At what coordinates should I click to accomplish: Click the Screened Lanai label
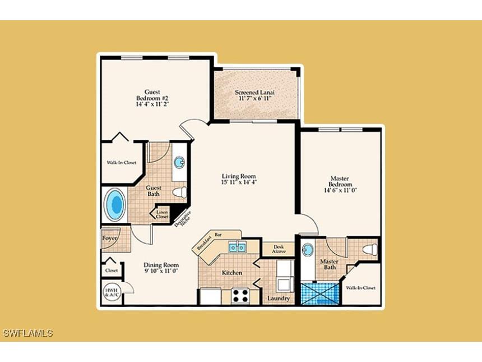pyautogui.click(x=253, y=95)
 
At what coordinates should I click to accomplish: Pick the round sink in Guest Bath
pyautogui.click(x=179, y=163)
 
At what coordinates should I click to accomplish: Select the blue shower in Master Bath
pyautogui.click(x=321, y=294)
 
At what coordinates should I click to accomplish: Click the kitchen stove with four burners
pyautogui.click(x=241, y=295)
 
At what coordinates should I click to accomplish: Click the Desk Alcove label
pyautogui.click(x=279, y=249)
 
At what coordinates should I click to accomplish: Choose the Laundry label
pyautogui.click(x=279, y=298)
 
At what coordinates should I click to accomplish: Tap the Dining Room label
pyautogui.click(x=161, y=268)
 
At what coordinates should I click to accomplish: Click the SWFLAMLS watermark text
pyautogui.click(x=28, y=333)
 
